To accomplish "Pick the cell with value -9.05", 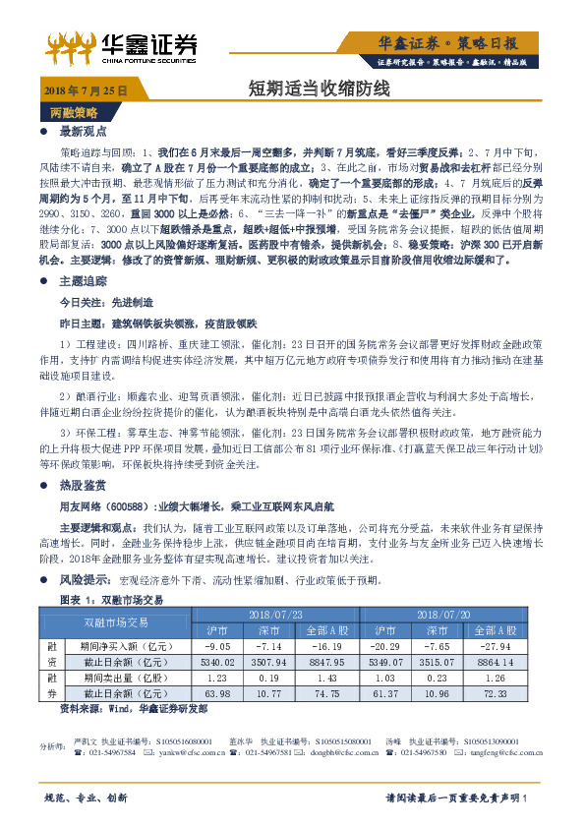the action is tap(217, 647).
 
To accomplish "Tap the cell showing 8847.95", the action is tap(326, 663).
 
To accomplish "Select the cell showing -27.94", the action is tap(503, 647).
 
